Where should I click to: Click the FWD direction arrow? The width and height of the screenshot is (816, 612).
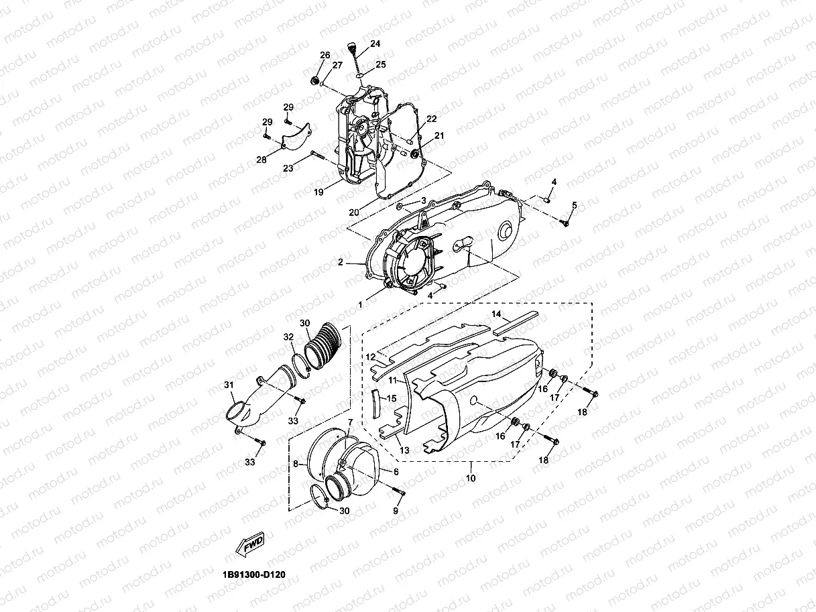[249, 544]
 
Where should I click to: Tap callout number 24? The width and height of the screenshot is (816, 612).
[375, 44]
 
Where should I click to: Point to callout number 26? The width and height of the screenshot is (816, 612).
[325, 55]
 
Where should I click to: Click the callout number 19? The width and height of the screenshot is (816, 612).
[318, 192]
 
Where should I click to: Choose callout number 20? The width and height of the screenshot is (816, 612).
[353, 212]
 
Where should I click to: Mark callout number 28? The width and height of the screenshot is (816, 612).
[261, 160]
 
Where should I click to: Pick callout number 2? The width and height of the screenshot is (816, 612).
[341, 263]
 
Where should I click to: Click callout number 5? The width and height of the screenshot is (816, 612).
[574, 204]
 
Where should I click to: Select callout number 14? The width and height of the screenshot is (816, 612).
[497, 314]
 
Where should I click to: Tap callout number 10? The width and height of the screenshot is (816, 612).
[471, 478]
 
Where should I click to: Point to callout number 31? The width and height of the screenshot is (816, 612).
[229, 385]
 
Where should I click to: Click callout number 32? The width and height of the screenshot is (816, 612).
[288, 336]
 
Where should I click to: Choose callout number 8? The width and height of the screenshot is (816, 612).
[295, 463]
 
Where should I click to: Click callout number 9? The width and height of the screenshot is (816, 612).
[396, 511]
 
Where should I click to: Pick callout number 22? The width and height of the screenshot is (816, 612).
[431, 119]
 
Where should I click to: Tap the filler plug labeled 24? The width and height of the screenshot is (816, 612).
[351, 50]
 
